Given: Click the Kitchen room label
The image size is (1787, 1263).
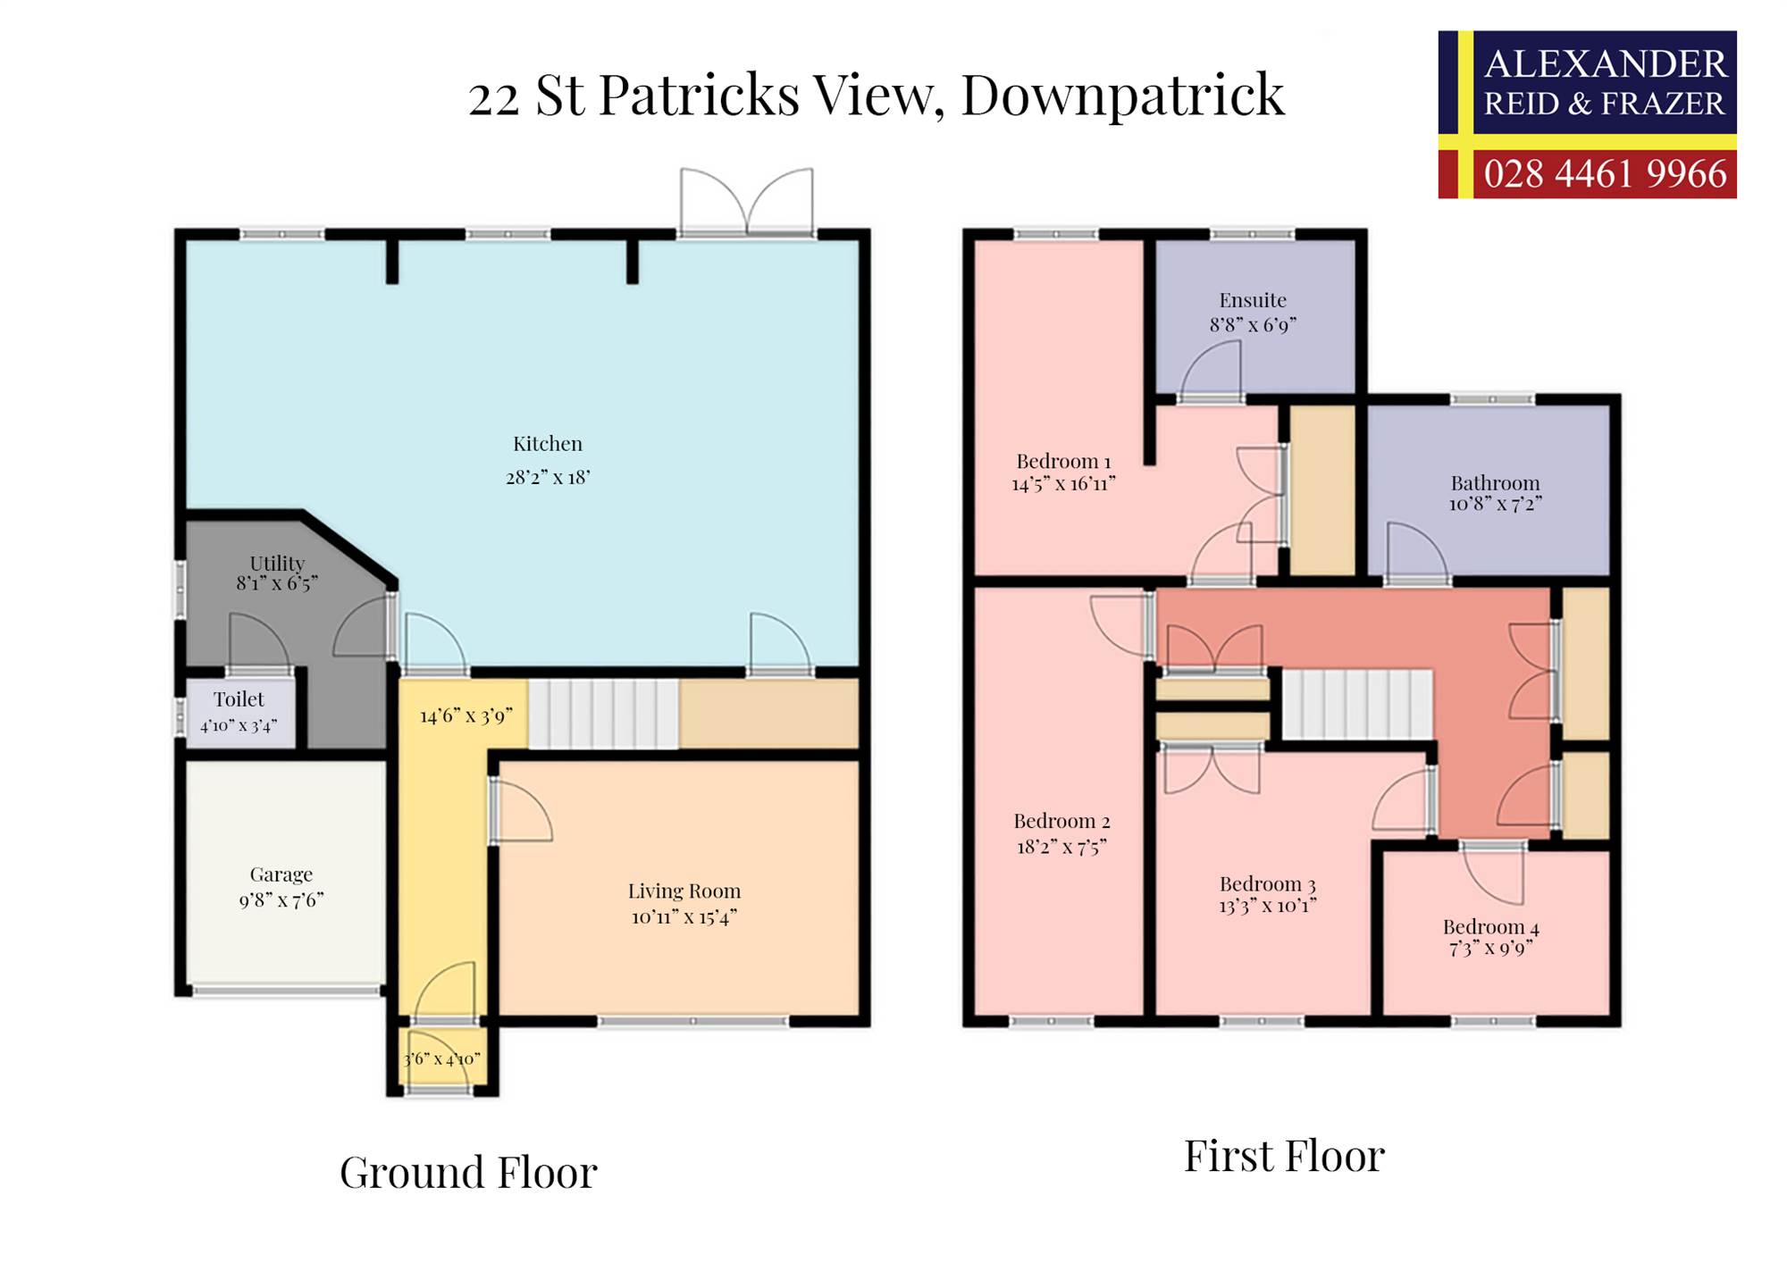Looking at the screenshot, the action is [547, 444].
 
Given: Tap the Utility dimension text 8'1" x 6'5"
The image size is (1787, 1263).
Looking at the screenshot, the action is [277, 583].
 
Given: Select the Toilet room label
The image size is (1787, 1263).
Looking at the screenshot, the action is [239, 699].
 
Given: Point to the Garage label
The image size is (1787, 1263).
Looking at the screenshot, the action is [281, 874].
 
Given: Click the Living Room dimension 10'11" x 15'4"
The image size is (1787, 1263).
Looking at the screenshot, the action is [684, 916].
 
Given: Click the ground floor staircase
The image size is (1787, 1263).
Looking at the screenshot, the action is [604, 715].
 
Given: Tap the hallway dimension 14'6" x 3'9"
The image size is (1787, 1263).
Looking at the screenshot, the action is [466, 715].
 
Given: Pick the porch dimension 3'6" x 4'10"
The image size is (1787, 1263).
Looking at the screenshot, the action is [442, 1059].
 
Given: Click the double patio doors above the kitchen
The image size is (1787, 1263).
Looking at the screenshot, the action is [747, 201].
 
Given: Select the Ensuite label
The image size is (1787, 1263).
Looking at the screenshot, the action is [1253, 300].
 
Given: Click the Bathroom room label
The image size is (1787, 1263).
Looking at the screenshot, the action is [1495, 483].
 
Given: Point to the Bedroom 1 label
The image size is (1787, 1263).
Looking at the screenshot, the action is [1063, 462].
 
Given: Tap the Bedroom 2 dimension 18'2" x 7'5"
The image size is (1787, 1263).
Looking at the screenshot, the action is [1061, 847].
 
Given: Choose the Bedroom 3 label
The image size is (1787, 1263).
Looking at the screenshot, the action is [1267, 884].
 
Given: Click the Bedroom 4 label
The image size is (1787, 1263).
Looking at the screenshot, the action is [1490, 927].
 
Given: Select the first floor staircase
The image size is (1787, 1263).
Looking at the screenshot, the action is [1358, 705].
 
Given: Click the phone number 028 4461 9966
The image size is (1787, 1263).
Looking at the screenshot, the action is [1605, 173].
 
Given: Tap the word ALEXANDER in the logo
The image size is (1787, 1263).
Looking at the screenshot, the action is [1605, 64].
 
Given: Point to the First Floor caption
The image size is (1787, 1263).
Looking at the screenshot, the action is [1284, 1156].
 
